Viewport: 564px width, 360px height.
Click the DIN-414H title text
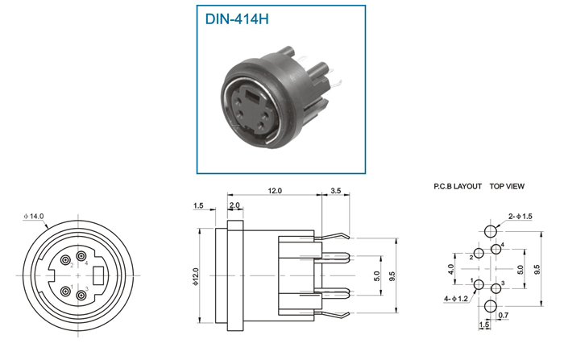pos(237,19)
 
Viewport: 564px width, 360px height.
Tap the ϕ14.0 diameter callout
pos(34,216)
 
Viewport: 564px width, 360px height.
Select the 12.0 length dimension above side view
pos(275,191)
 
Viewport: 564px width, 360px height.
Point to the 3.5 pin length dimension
pos(335,191)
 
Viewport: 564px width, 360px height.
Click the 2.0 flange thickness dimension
pos(234,205)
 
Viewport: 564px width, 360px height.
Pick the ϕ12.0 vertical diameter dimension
pos(196,276)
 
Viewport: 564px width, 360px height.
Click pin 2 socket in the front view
pos(65,259)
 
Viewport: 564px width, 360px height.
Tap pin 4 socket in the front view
pos(81,256)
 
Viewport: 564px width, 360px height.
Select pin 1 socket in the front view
pos(65,292)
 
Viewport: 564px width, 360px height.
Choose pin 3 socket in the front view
pos(81,296)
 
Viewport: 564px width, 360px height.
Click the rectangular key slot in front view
pos(98,275)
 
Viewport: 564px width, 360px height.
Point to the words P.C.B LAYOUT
pos(458,186)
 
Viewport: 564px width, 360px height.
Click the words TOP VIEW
pos(507,186)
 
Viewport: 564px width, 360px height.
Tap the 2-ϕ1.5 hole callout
pos(520,216)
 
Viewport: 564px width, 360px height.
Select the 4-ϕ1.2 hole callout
pos(456,299)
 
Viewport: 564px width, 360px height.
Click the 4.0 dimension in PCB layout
pos(451,269)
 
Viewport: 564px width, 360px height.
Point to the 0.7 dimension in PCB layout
pos(504,316)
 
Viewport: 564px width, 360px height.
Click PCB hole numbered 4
pos(496,249)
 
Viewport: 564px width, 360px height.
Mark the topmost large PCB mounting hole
pos(490,231)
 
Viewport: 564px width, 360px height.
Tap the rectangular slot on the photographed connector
pos(252,95)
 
